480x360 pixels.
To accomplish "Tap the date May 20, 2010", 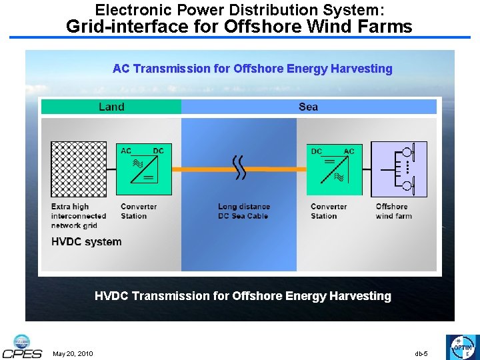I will [x=73, y=353].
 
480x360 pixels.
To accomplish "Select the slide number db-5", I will [x=421, y=353].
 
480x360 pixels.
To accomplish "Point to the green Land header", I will [x=111, y=107].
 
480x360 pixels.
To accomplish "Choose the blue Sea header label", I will [x=309, y=107].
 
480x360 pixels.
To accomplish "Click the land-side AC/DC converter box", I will [x=142, y=168].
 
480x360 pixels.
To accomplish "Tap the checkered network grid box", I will [x=78, y=169].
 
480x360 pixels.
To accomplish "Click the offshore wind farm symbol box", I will [x=399, y=169].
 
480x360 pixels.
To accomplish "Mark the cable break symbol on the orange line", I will [x=239, y=168].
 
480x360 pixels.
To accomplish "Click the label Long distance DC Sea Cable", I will [x=244, y=211].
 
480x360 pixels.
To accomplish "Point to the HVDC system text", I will [x=87, y=242].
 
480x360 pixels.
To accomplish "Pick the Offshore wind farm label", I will [x=393, y=211].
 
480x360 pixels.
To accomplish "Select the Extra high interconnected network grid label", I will [x=79, y=216].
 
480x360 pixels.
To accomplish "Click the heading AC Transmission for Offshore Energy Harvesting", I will [x=252, y=69].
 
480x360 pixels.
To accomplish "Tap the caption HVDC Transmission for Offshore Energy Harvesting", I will [x=243, y=295].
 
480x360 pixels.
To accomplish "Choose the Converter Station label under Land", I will [x=139, y=211].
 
